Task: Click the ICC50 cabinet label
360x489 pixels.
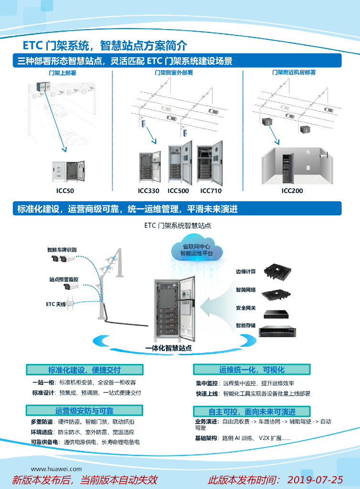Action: point(65,191)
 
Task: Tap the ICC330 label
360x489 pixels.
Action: point(148,191)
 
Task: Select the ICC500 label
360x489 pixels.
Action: point(178,191)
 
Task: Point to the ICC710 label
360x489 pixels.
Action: point(210,191)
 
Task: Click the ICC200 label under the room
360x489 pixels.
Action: point(292,191)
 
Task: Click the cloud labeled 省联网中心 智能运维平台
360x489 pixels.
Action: point(196,250)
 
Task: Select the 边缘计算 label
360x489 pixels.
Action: point(245,272)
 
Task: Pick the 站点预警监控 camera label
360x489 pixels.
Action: point(64,279)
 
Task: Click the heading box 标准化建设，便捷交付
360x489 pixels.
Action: point(85,370)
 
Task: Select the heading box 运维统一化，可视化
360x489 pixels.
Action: point(252,370)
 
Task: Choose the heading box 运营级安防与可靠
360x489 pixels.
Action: point(85,411)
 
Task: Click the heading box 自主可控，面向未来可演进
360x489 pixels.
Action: point(252,412)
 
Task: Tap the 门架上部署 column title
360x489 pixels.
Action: point(63,73)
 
